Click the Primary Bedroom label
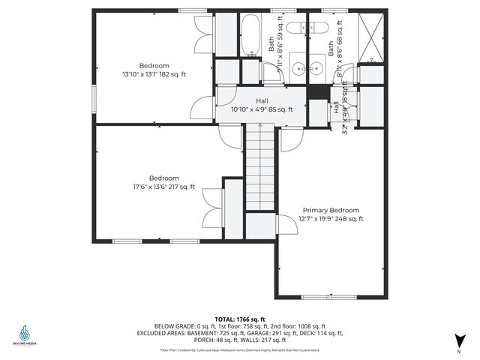pyautogui.click(x=331, y=210)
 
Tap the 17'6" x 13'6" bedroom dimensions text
pyautogui.click(x=163, y=187)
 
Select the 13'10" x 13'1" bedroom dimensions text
pyautogui.click(x=154, y=74)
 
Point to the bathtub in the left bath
pyautogui.click(x=250, y=36)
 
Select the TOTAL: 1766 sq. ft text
pyautogui.click(x=239, y=319)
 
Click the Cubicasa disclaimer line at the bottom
pyautogui.click(x=239, y=350)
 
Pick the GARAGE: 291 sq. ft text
pyautogui.click(x=271, y=333)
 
